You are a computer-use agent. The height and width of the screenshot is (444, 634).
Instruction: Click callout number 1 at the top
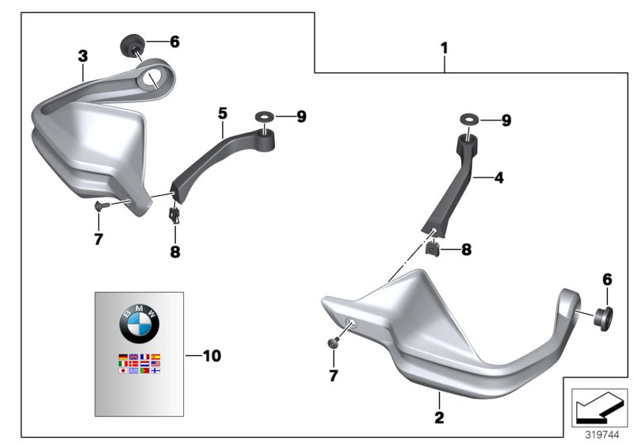pos(445,48)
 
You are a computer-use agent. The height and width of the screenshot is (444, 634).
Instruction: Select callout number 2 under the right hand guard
pos(439,417)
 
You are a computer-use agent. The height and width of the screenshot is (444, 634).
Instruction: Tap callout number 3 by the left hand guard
pos(83,55)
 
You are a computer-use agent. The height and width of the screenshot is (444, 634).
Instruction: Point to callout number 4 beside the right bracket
pos(499,178)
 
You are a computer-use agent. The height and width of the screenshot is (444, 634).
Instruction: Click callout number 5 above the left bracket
pos(223,113)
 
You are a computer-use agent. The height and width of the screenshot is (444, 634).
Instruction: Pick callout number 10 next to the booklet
pos(212,356)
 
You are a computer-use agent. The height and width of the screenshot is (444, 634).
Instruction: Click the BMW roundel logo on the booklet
pos(139,324)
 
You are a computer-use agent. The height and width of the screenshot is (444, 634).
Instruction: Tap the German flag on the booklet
pos(123,357)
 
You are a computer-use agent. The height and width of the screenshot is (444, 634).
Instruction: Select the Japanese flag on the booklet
pos(123,370)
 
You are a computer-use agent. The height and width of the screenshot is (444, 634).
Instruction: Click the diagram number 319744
pos(602,435)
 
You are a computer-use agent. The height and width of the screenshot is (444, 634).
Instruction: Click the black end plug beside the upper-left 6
pos(132,45)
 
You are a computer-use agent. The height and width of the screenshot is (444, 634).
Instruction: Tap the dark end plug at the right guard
pos(603,319)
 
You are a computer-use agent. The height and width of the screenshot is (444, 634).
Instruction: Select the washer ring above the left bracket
pos(265,117)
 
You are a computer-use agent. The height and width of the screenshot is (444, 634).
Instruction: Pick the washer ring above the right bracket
pos(469,120)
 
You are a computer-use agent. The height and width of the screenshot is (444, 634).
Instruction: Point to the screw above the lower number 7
pos(333,343)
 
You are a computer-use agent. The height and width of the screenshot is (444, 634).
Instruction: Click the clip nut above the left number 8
pos(174,215)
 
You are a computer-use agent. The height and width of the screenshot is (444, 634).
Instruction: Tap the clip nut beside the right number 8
pos(433,248)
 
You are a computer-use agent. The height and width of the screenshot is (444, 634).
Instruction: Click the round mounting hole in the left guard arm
pos(151,78)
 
